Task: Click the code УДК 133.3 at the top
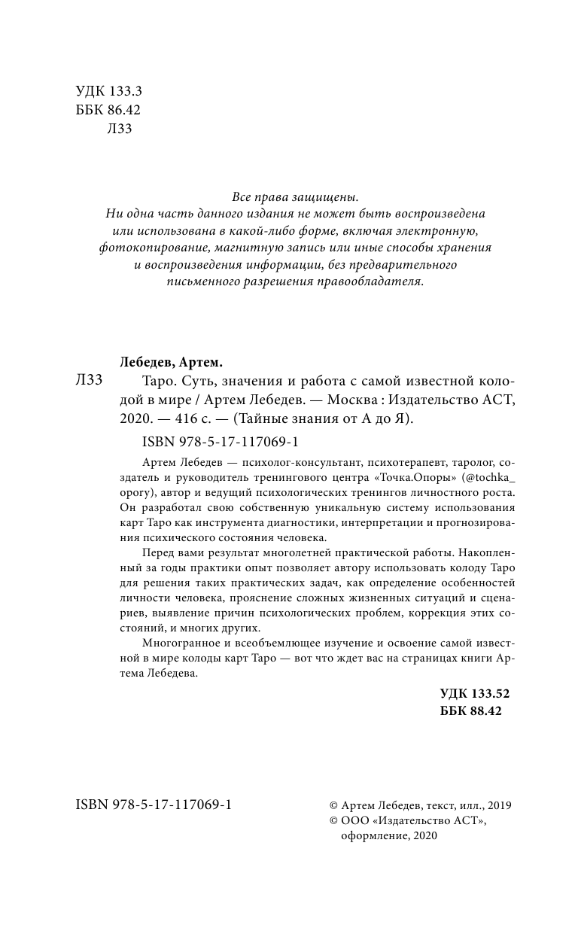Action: [109, 91]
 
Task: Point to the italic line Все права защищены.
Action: [289, 196]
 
